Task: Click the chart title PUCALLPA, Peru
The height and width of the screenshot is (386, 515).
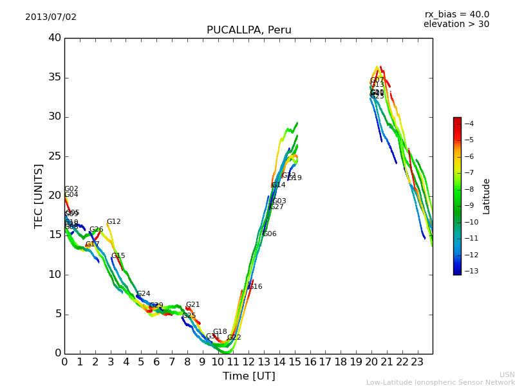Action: [x=248, y=30]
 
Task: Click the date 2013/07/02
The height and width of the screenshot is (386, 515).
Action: [x=51, y=17]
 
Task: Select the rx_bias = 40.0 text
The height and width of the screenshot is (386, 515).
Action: [x=456, y=15]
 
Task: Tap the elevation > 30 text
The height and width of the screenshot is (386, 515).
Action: [x=456, y=24]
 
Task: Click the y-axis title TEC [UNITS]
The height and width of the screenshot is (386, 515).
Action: [x=39, y=196]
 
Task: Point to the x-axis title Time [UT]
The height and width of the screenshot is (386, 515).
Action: [x=248, y=376]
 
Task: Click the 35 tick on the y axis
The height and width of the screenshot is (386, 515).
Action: [x=55, y=78]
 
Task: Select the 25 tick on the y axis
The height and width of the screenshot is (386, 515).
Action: [x=55, y=156]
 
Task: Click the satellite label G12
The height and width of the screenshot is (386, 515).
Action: [x=114, y=222]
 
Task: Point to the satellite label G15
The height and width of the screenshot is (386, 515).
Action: [x=118, y=256]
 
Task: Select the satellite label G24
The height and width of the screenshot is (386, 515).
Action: [x=144, y=294]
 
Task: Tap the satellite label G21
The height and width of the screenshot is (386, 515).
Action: [x=193, y=305]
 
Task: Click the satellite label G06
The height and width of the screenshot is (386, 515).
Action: [x=270, y=234]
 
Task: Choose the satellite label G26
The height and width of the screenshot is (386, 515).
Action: [x=97, y=230]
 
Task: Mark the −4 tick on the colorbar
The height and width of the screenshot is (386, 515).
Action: [x=469, y=124]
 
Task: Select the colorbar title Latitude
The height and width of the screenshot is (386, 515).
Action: [x=487, y=196]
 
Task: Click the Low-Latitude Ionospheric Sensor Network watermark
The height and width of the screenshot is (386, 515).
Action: [x=440, y=383]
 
